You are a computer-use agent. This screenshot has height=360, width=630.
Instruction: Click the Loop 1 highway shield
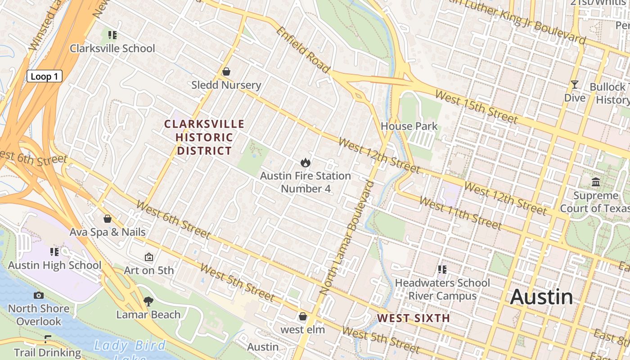click(x=44, y=76)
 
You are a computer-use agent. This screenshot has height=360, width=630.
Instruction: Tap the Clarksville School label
click(x=112, y=49)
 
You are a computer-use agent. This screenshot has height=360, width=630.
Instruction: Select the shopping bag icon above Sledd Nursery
click(x=226, y=72)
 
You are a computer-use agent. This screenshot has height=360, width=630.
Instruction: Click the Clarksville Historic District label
click(x=204, y=137)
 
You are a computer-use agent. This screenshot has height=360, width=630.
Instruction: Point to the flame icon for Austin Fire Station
click(x=306, y=162)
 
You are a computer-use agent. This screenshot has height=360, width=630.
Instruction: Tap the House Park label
click(x=409, y=126)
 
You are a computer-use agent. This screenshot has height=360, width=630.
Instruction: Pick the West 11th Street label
click(x=460, y=213)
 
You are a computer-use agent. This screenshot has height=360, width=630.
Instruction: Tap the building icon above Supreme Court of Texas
click(x=596, y=182)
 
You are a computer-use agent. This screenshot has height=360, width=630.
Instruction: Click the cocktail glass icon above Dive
click(x=574, y=85)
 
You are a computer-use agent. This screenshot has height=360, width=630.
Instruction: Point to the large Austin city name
click(x=542, y=297)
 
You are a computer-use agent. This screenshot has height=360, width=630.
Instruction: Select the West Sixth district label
click(x=414, y=318)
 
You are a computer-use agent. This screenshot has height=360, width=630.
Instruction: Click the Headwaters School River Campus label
click(x=442, y=289)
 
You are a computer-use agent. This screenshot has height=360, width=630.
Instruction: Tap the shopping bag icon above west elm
click(x=303, y=316)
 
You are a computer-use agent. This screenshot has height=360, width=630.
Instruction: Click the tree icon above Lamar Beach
click(x=148, y=301)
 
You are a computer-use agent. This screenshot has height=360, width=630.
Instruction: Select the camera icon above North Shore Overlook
click(x=39, y=295)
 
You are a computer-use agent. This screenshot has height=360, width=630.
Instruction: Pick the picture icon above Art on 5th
click(x=148, y=257)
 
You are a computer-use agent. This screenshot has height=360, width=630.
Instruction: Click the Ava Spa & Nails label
click(x=108, y=232)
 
